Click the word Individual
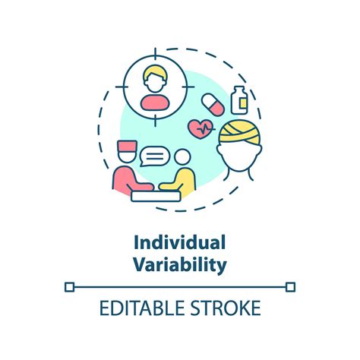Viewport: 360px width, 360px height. [x=180, y=244]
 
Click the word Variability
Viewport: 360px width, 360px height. [x=180, y=265]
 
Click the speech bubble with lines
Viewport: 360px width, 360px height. [x=155, y=158]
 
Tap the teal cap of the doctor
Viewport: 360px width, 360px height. [x=126, y=148]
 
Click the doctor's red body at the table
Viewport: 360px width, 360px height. [x=125, y=179]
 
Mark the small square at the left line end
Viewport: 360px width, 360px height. [x=69, y=286]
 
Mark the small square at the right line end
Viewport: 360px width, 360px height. [x=290, y=286]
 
